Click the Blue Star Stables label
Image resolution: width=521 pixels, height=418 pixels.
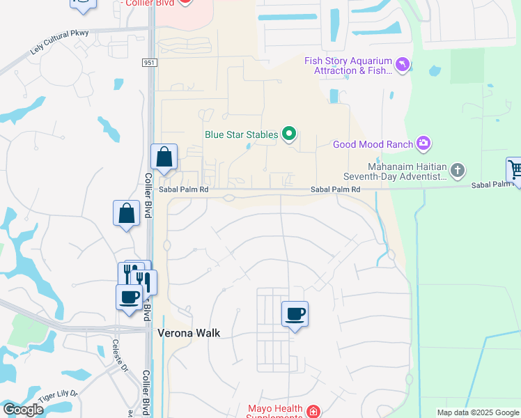tap(241, 134)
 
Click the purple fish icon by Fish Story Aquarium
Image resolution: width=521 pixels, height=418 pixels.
tap(402, 65)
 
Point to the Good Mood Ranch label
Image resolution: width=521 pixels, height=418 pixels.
tap(372, 144)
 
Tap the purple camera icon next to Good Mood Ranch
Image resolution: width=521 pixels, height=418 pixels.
tap(423, 144)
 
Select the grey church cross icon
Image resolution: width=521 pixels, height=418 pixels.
tap(457, 170)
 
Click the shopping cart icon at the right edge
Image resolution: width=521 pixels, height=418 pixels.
tap(515, 169)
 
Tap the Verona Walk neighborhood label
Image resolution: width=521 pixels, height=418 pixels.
tap(189, 333)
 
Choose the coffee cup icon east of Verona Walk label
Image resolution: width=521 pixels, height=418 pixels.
tap(295, 314)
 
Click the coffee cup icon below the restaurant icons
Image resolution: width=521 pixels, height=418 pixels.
tap(129, 297)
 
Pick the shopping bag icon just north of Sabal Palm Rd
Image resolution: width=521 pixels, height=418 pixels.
tap(164, 157)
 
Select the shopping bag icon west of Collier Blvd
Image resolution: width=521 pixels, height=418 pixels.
tap(127, 212)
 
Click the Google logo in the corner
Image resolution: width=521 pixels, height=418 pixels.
tap(23, 409)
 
